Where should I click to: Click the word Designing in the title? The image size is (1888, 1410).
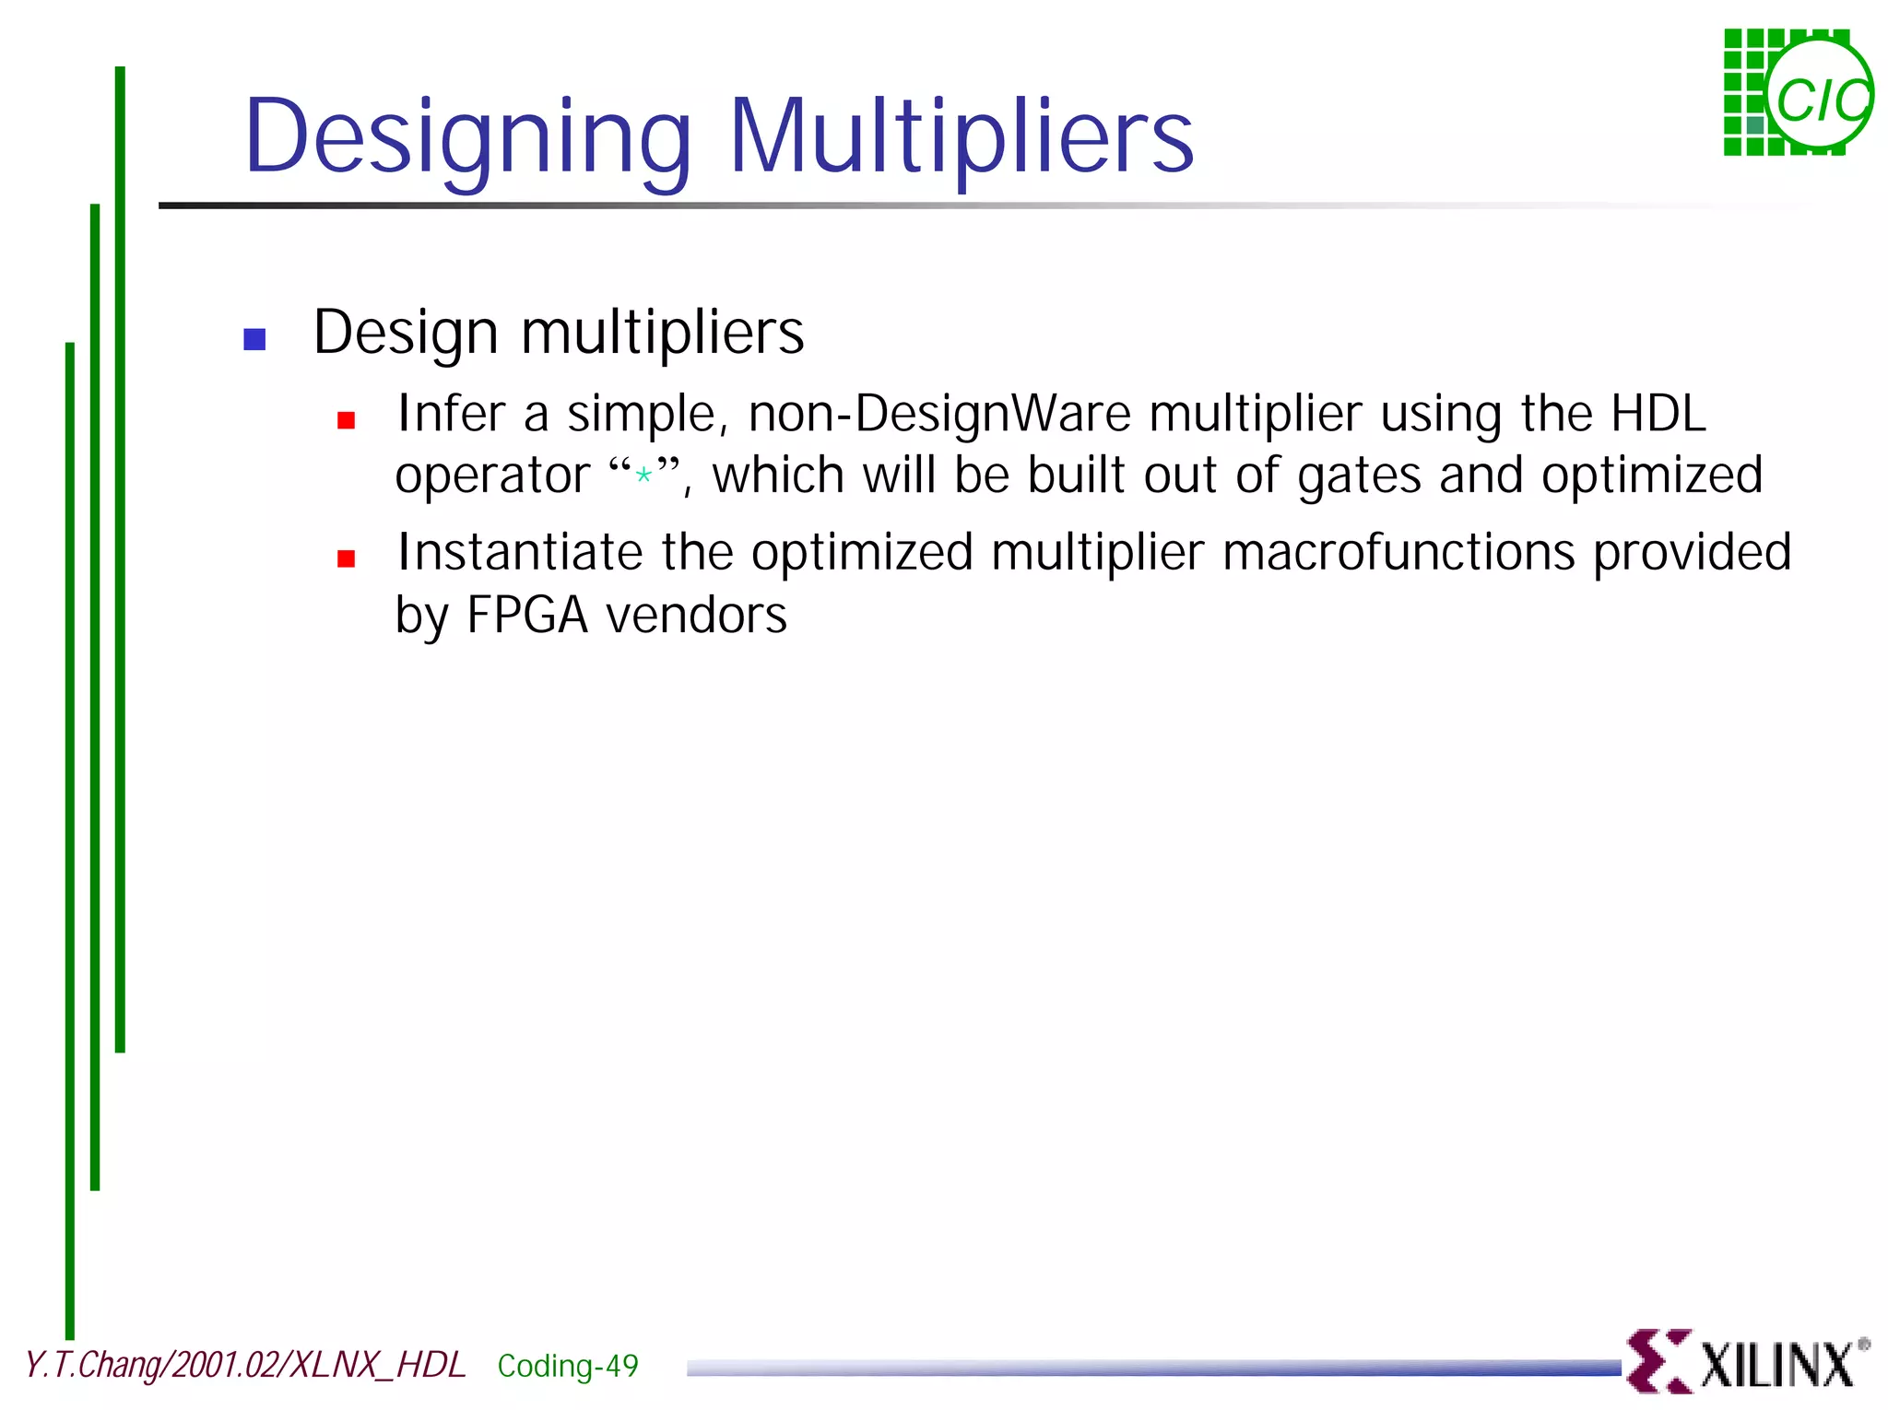click(x=467, y=138)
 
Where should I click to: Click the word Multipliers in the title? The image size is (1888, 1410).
click(x=962, y=138)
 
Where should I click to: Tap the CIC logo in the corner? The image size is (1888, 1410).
click(x=1797, y=93)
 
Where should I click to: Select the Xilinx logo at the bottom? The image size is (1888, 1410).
click(x=1745, y=1361)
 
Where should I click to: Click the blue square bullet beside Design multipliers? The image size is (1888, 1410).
click(x=254, y=339)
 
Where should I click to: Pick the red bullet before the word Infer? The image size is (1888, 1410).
click(x=347, y=420)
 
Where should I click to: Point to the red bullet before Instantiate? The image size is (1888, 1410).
click(x=347, y=558)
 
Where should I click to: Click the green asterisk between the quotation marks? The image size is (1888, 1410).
click(x=643, y=476)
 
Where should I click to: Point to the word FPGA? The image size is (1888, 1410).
click(x=527, y=615)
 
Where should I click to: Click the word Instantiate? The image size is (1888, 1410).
click(x=520, y=552)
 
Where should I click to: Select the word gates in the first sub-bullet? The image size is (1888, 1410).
click(x=1359, y=476)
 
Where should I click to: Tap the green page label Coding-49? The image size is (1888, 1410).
click(x=568, y=1365)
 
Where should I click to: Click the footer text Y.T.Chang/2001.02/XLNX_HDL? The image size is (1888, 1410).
click(x=245, y=1365)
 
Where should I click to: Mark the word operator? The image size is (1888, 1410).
click(x=492, y=476)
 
